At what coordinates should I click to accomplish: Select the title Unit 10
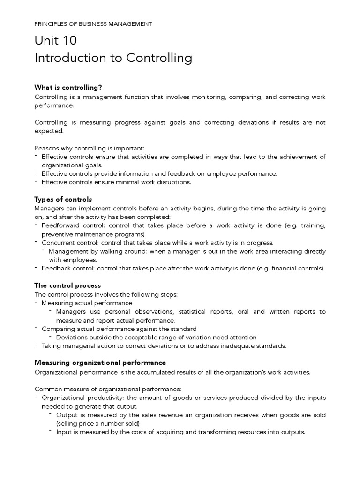[56, 41]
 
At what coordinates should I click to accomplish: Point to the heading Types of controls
[63, 199]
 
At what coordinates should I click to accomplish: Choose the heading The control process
[67, 285]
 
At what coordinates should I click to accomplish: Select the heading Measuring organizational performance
[100, 362]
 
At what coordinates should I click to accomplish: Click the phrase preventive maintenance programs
[92, 234]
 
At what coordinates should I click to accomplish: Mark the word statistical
[194, 312]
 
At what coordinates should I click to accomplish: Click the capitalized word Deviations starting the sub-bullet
[72, 337]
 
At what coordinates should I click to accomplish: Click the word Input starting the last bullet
[63, 432]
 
